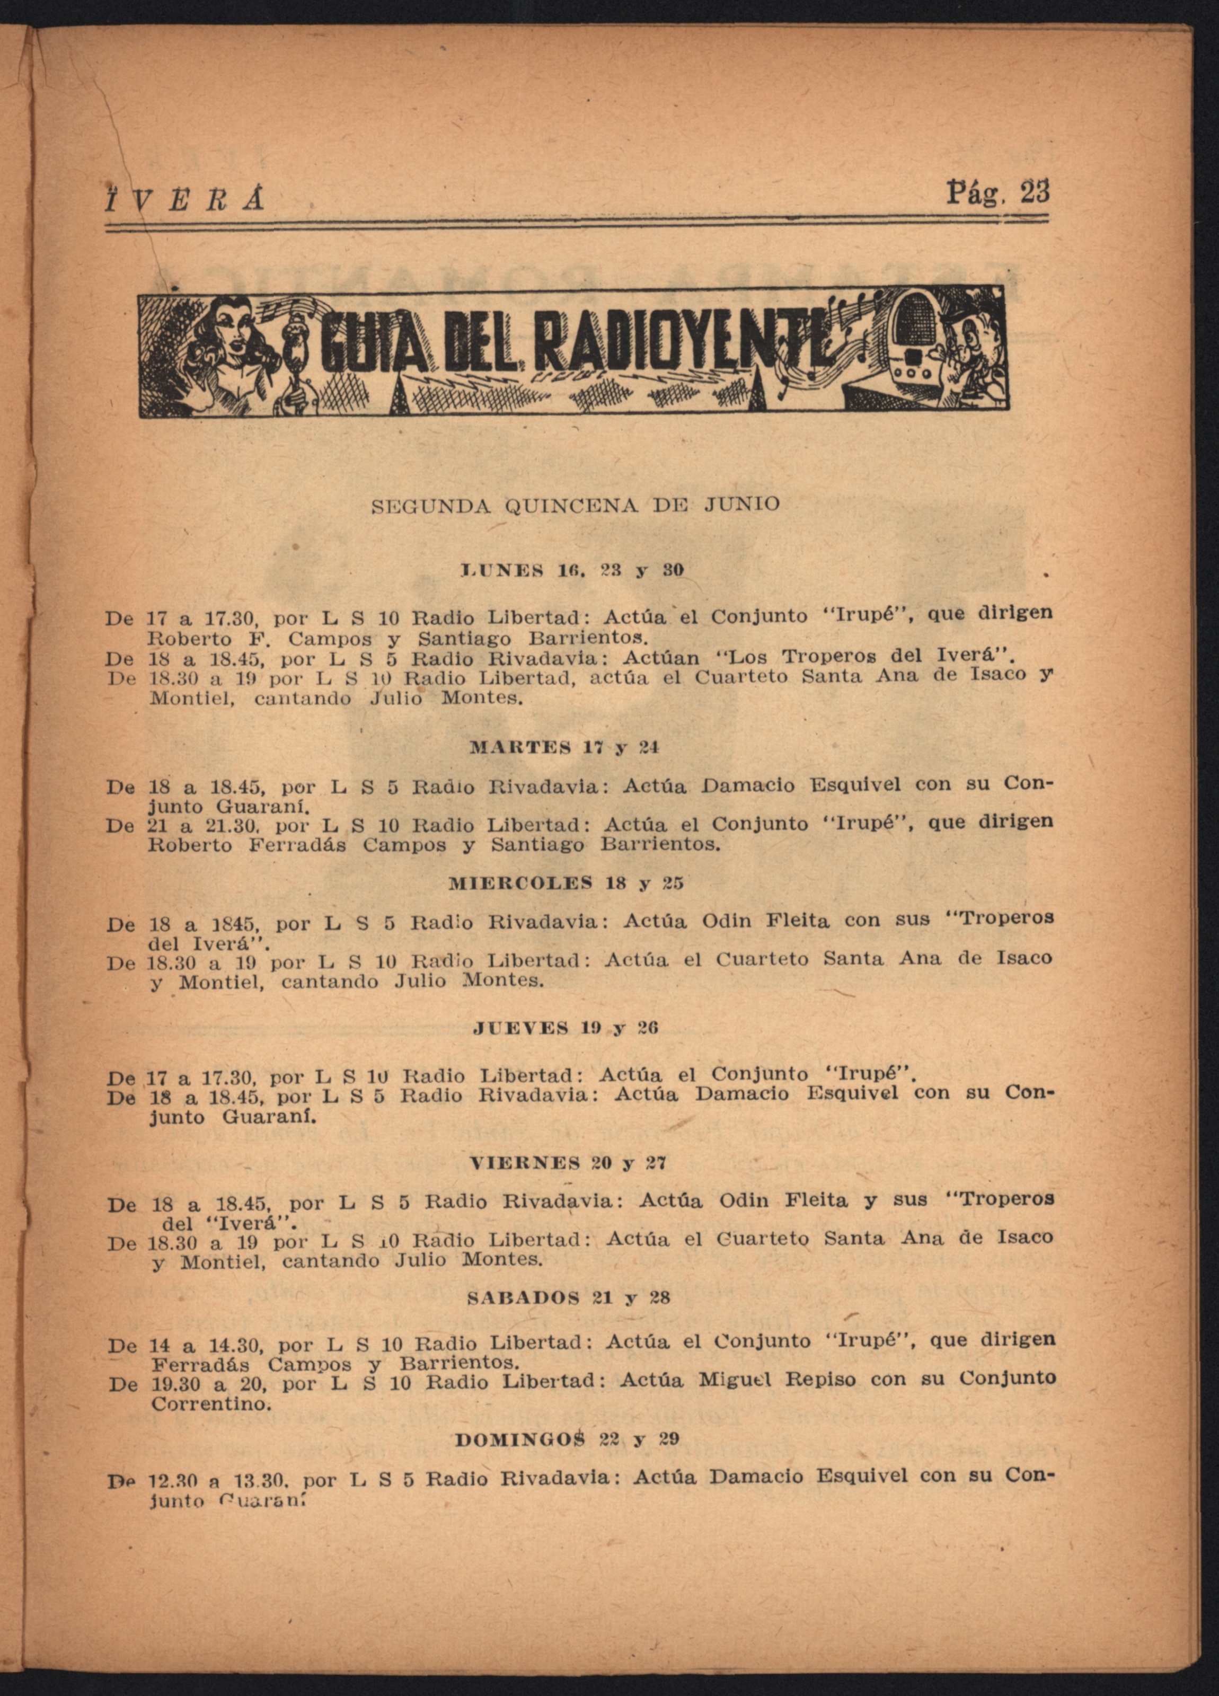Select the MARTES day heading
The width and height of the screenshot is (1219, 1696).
(x=520, y=747)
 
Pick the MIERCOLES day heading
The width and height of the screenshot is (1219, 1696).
(x=521, y=883)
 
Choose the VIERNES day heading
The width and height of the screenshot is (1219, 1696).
(x=525, y=1163)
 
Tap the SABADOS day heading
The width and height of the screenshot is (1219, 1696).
(x=523, y=1297)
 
